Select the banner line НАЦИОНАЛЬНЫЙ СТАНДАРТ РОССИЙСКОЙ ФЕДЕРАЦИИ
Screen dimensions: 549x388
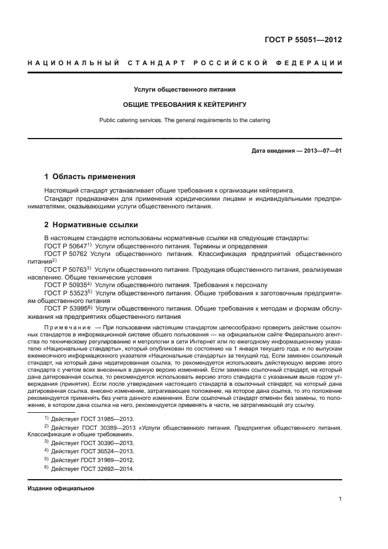point(185,62)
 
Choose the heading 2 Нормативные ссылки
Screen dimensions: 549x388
point(90,225)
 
